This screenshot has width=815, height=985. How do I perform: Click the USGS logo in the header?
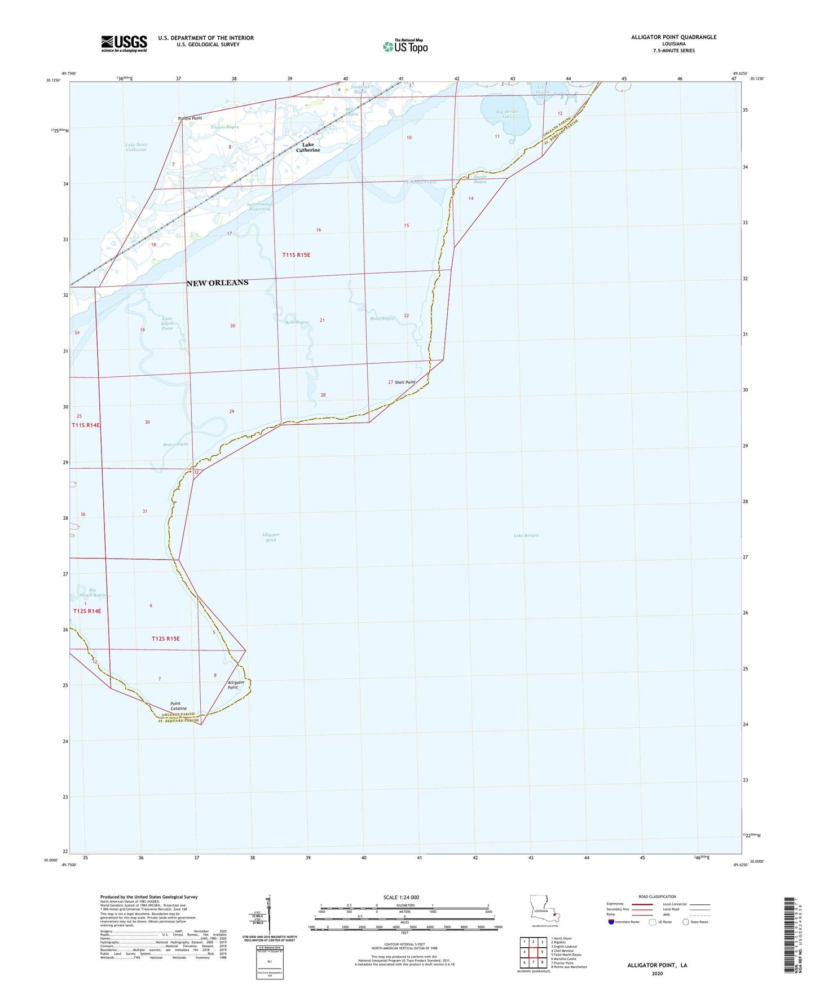click(124, 43)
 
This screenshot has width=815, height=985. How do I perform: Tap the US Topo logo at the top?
click(405, 46)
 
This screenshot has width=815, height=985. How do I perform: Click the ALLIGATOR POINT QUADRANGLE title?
click(673, 37)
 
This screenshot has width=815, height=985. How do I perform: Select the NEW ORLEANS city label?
click(217, 283)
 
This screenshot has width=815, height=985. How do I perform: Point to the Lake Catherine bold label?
click(308, 147)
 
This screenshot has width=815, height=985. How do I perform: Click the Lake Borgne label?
click(526, 535)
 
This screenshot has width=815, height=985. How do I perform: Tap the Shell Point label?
click(405, 382)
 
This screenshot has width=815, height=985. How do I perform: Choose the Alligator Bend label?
click(271, 537)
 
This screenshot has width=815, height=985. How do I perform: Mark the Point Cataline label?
click(178, 706)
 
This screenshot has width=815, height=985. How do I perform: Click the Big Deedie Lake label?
click(506, 114)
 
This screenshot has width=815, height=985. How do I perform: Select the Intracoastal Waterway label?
click(259, 206)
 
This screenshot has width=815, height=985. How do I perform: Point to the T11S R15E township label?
click(296, 255)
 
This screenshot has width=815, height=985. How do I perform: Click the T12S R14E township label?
click(87, 611)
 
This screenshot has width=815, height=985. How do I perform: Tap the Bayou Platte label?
click(176, 445)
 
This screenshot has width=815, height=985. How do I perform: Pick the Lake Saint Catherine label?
click(136, 147)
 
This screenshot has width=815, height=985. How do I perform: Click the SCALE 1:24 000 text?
click(401, 898)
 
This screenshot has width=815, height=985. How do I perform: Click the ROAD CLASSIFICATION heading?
click(657, 896)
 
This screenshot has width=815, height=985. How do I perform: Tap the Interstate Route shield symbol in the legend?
click(612, 922)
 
